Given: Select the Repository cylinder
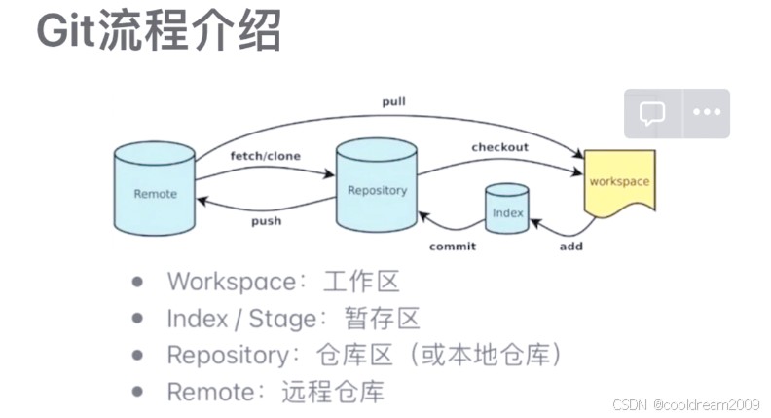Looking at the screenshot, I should (377, 187).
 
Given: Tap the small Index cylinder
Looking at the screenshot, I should (507, 209).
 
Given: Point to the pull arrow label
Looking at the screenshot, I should (394, 101).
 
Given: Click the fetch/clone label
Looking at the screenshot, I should (265, 156).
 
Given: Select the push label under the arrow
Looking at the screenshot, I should (266, 221).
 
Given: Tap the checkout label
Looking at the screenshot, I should (499, 147).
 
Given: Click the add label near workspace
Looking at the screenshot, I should (571, 247).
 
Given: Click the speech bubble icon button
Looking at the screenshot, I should (652, 113).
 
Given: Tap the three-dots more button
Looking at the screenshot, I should (706, 113).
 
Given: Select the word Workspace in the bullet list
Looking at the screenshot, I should (231, 282).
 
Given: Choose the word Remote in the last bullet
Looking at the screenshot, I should (207, 393).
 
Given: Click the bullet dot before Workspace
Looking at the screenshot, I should (138, 281).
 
